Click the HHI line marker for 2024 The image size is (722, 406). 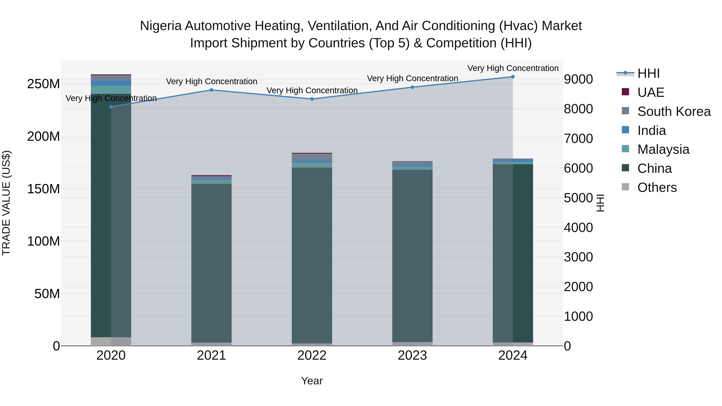point(513,77)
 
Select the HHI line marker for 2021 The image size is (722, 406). point(211,90)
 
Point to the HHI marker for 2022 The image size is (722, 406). point(312,99)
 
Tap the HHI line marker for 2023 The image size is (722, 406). point(412,87)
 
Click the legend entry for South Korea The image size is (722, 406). point(674,111)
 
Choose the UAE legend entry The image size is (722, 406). point(651,92)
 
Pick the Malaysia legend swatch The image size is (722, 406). point(625,149)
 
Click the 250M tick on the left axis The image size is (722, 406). point(44,84)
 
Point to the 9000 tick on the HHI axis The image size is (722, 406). point(578,79)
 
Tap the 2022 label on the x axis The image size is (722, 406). point(312,355)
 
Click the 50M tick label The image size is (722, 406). point(47,294)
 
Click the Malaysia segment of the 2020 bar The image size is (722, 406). point(111,90)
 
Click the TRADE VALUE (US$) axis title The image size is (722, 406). point(6,203)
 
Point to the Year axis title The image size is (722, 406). point(312,381)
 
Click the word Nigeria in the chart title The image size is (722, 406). point(161,26)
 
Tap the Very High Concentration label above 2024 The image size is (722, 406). point(513,68)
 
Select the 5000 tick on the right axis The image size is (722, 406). point(578,198)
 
